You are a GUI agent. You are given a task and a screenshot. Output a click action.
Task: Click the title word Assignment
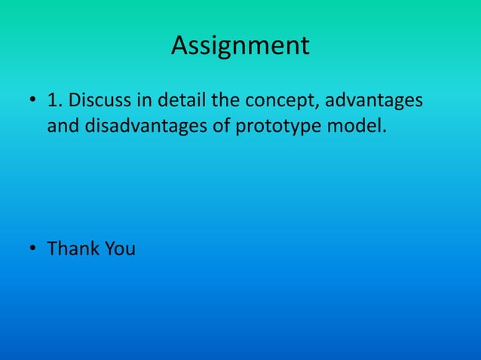coord(240,47)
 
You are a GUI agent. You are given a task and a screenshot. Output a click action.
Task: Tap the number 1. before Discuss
coord(55,100)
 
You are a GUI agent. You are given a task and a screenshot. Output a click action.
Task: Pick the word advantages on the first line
coord(377,102)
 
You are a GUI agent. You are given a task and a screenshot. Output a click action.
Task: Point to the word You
coord(120,249)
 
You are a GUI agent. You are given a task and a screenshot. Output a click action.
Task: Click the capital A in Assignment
coord(181,46)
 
